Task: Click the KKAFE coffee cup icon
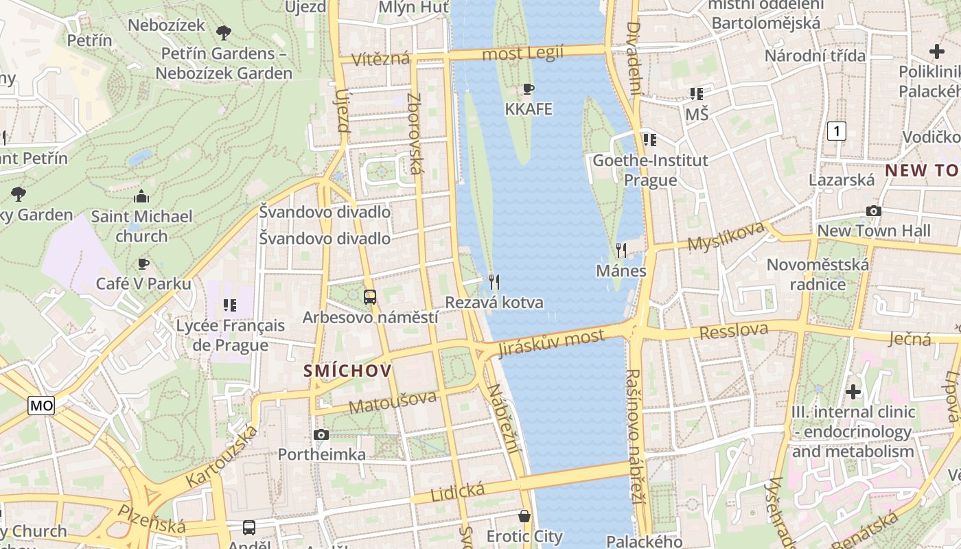click(528, 89)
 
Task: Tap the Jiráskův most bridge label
click(553, 340)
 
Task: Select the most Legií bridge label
click(522, 53)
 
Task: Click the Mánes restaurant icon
click(621, 250)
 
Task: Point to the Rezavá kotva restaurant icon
click(494, 281)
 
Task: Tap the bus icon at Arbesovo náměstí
click(370, 297)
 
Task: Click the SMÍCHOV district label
click(348, 371)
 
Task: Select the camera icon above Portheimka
click(321, 434)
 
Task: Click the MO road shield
click(41, 406)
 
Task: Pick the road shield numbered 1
click(836, 130)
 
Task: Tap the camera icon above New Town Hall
click(873, 211)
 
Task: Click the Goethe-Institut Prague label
click(650, 170)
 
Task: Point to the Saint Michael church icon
click(141, 197)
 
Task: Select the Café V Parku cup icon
click(143, 264)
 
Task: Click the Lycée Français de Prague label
click(230, 335)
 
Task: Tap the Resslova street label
click(733, 331)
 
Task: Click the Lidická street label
click(457, 491)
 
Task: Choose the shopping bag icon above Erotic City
click(524, 515)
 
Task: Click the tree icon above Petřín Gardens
click(223, 32)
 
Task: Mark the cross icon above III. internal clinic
click(853, 392)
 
